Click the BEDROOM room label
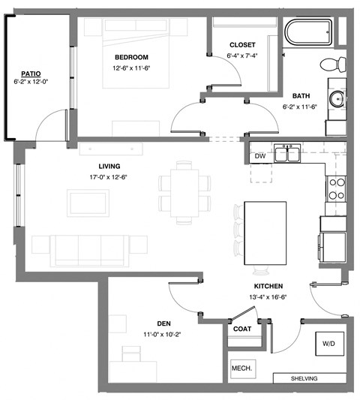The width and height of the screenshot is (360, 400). tap(131, 57)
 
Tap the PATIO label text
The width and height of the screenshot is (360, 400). tap(30, 74)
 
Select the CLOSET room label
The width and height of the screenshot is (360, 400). tap(242, 44)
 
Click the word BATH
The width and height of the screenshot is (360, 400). tap(301, 96)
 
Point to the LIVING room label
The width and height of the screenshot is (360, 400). tap(109, 167)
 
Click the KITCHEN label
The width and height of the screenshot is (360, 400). tap(268, 287)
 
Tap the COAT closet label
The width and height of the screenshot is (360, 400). tap(241, 329)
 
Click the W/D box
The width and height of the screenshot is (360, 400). tap(328, 343)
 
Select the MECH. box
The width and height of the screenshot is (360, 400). tap(241, 368)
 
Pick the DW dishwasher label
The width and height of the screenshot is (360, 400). tap(259, 156)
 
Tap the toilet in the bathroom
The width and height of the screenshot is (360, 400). tap(332, 63)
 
